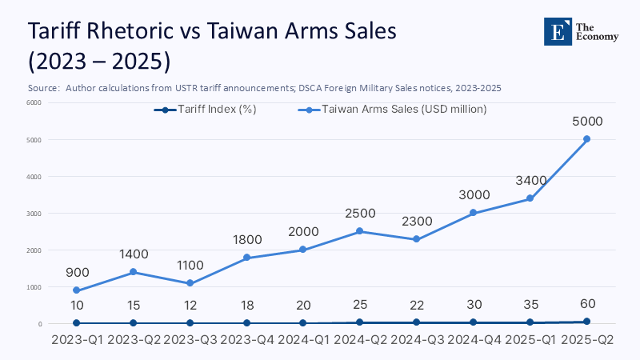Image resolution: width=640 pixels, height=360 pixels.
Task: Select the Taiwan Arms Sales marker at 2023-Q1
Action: click(77, 290)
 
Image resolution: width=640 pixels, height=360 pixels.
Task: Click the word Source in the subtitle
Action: click(43, 87)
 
